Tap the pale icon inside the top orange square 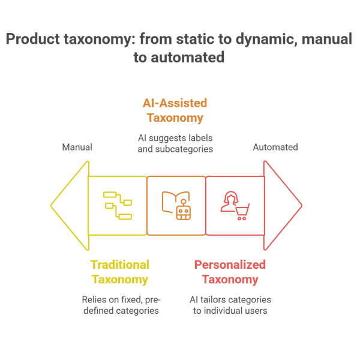click(182, 114)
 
